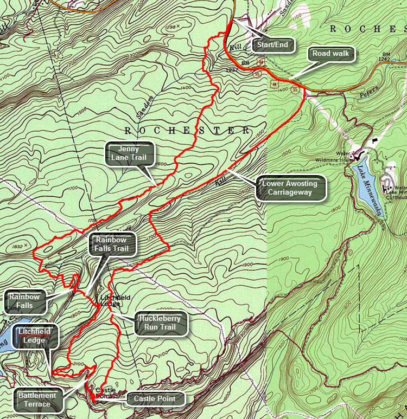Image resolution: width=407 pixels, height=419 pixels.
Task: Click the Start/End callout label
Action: coord(274,44)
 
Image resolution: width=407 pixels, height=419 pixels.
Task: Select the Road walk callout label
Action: coord(330,54)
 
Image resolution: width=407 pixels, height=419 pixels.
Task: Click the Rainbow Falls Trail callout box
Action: coord(112,244)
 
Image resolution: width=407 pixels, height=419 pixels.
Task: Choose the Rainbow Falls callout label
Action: coord(24,301)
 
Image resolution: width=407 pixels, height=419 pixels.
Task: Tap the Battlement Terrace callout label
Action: coord(37,399)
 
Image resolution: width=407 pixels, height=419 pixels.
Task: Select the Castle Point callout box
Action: coord(156,399)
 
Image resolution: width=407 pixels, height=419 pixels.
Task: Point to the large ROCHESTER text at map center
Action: coord(186,131)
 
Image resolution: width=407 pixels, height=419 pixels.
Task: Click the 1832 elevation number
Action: coord(17,247)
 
